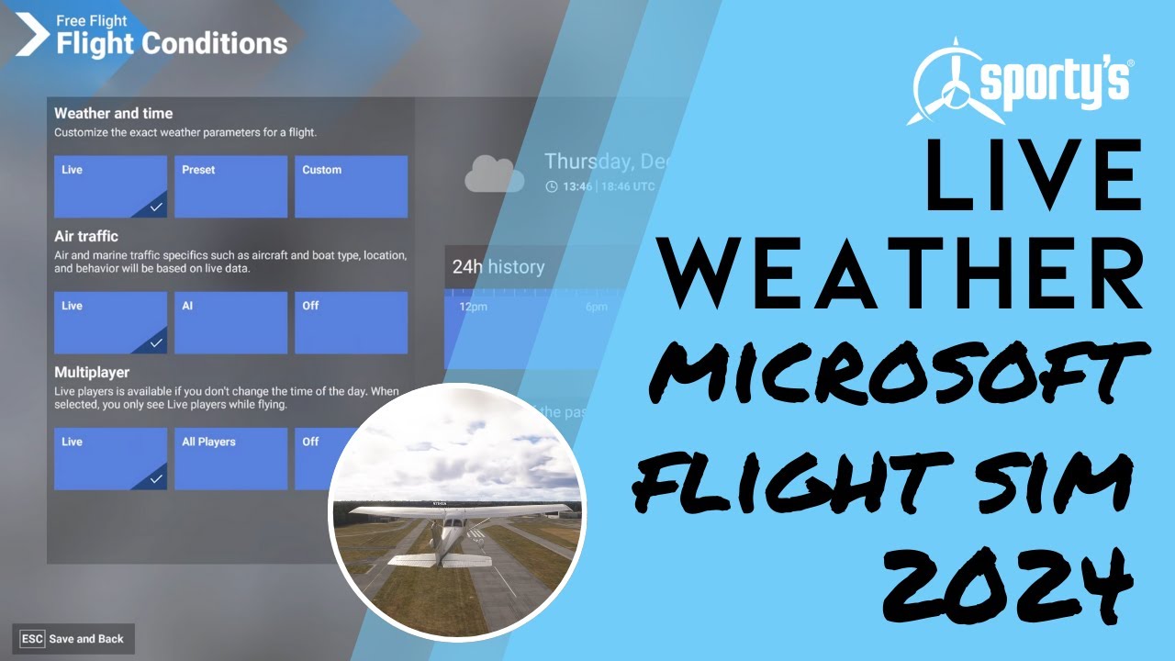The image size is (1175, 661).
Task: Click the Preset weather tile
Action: point(230,186)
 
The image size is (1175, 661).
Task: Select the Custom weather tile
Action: point(351,186)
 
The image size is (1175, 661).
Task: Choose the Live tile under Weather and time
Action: point(110,186)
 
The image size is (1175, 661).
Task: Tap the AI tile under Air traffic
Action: point(230,322)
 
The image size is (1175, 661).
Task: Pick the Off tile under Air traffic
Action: point(351,322)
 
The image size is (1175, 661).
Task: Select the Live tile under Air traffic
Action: point(110,322)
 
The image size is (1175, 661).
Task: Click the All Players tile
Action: point(230,458)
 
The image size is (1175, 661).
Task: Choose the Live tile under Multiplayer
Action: point(110,458)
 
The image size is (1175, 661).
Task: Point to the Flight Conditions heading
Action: point(172,43)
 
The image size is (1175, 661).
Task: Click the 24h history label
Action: point(498,267)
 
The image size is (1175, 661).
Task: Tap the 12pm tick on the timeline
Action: point(474,307)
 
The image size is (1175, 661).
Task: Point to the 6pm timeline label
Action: point(597,307)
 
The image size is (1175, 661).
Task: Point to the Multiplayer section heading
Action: point(92,373)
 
